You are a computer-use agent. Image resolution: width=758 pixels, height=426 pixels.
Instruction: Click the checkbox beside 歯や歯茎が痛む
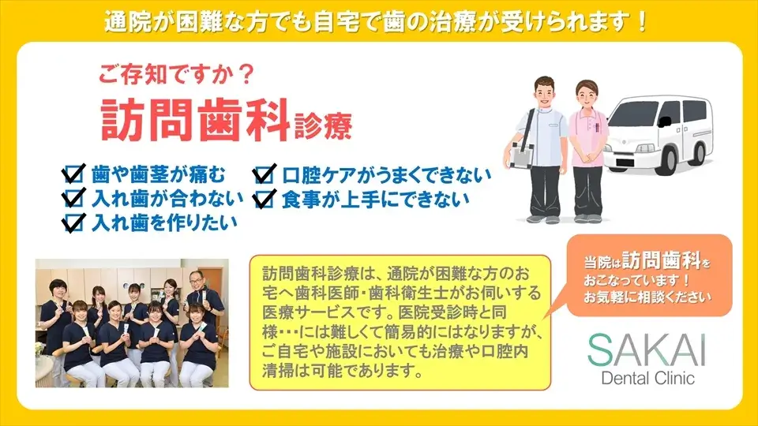(73, 174)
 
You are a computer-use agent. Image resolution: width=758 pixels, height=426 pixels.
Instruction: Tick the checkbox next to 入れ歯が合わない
(73, 197)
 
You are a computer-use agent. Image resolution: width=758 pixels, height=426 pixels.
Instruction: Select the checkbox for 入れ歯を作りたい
(73, 222)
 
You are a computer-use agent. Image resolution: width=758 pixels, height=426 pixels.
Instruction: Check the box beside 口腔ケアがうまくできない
(265, 174)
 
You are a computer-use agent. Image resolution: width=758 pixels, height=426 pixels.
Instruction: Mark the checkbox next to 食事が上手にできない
(265, 199)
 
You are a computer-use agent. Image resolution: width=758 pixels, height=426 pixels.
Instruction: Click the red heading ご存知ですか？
(177, 74)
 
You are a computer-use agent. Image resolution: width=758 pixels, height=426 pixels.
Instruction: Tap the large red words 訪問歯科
(195, 120)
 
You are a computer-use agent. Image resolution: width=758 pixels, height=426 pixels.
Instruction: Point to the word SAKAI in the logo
(647, 350)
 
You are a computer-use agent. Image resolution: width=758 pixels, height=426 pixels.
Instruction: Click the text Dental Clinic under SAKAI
(647, 377)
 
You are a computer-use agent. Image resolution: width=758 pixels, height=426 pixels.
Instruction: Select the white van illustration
(660, 134)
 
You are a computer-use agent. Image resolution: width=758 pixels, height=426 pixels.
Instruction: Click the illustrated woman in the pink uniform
(587, 151)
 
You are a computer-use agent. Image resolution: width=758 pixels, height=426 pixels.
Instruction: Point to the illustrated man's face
(545, 94)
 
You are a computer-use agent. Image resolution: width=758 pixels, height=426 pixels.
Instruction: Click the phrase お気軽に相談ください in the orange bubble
(647, 297)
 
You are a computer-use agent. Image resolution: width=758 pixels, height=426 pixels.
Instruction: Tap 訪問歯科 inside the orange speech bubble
(662, 261)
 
